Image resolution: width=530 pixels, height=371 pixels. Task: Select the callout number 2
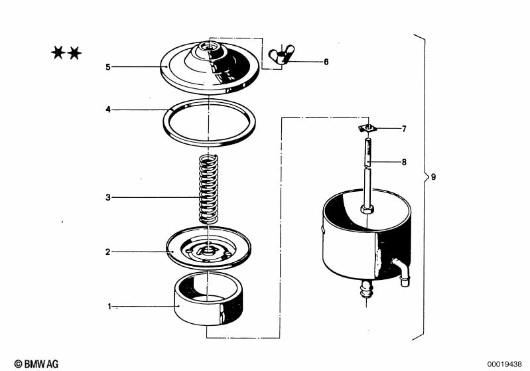pos(107,252)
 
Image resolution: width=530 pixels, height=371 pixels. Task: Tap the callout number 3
pos(107,197)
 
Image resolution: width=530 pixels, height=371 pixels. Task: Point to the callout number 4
pos(107,110)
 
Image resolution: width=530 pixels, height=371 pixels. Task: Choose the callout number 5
pos(107,66)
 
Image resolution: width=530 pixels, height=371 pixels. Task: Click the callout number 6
pos(326,62)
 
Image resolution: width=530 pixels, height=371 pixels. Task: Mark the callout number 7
pos(403,128)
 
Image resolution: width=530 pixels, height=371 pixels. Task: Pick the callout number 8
pos(403,161)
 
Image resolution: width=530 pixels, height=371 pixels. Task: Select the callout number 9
pos(433,177)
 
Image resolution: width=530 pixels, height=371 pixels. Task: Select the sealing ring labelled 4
pos(210,121)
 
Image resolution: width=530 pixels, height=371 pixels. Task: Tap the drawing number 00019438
pos(505,364)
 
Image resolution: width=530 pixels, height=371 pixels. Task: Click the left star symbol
pos(58,52)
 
